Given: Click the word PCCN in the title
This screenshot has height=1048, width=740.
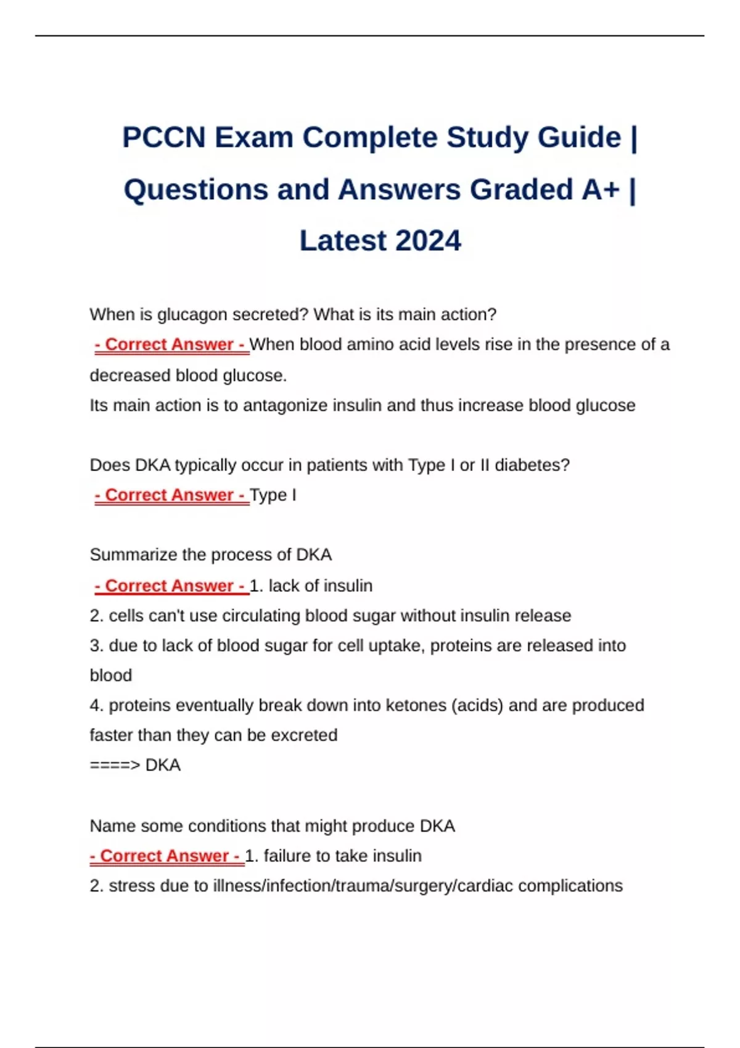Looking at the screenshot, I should (163, 137).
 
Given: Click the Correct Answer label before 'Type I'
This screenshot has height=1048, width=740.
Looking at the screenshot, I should (171, 495).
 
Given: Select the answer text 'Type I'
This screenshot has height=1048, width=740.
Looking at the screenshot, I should (273, 495).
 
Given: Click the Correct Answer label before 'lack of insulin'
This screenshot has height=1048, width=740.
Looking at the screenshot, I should (171, 586).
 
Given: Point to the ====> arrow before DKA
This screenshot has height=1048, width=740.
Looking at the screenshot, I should (115, 765).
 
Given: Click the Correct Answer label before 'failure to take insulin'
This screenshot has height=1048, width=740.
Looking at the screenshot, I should (166, 856).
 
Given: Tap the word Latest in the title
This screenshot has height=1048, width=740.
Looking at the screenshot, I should (342, 241).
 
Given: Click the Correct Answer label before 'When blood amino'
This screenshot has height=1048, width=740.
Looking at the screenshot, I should (171, 345).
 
